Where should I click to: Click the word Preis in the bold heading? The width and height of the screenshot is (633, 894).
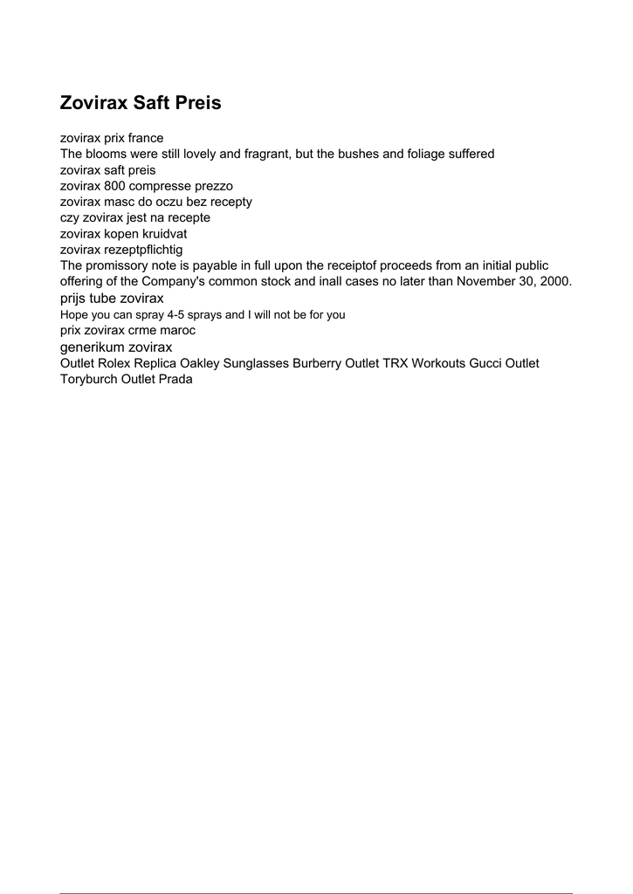[x=198, y=103]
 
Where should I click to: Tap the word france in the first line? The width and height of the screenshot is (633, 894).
[x=145, y=138]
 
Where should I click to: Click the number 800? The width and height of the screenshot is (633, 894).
[x=114, y=186]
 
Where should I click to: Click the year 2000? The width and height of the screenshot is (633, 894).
[x=554, y=281]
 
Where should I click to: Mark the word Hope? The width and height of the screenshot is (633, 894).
[x=73, y=314]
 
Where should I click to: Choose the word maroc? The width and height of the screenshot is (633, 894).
[x=177, y=331]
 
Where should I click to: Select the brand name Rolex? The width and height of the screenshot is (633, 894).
[x=114, y=363]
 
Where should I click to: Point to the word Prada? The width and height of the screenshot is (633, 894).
[x=175, y=379]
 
